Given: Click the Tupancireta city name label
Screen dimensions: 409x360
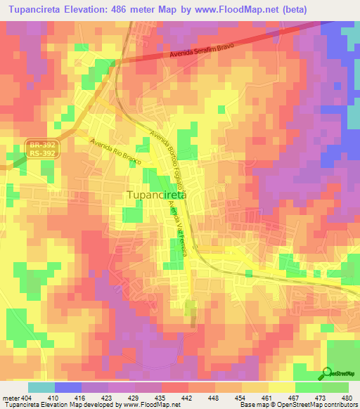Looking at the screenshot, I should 156,195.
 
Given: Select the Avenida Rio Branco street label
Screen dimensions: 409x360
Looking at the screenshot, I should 116,150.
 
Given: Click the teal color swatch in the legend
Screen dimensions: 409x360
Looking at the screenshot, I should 41,387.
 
